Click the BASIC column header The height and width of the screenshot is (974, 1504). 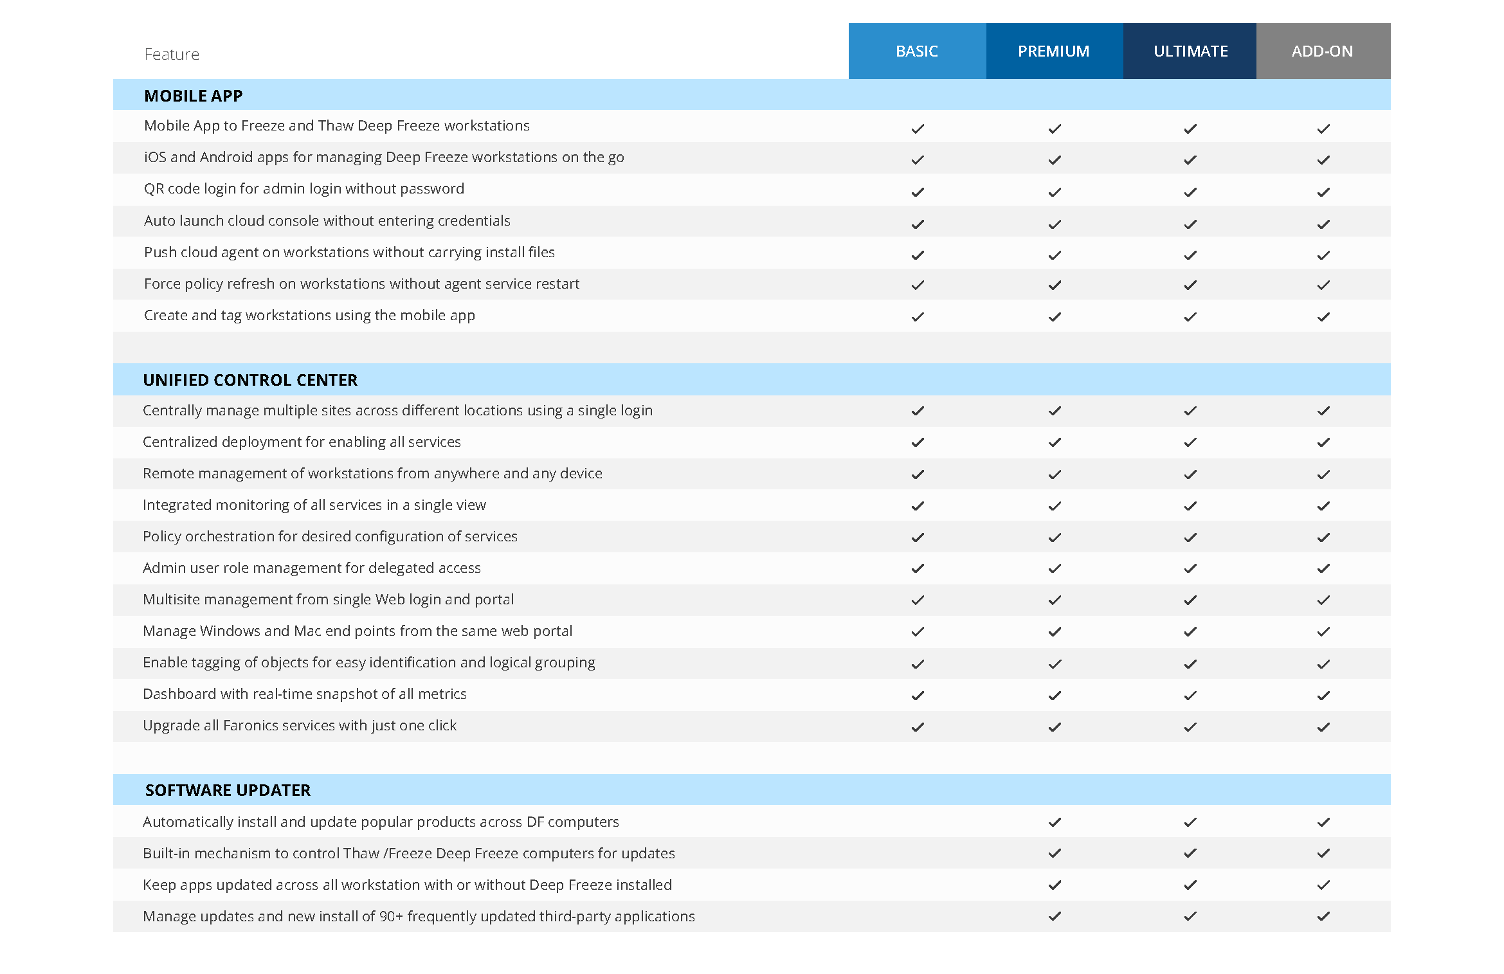(916, 51)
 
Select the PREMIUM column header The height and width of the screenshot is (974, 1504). (1053, 51)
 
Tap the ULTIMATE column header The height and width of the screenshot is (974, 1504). (1190, 51)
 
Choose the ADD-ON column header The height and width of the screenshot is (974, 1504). (1322, 51)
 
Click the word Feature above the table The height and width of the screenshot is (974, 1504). (172, 55)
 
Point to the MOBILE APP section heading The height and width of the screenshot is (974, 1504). (193, 96)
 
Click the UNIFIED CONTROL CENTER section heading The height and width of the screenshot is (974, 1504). (249, 380)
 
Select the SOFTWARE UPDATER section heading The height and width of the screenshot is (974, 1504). (228, 790)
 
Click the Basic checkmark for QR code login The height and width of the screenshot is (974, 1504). (918, 192)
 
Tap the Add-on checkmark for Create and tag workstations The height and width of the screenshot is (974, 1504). (1323, 316)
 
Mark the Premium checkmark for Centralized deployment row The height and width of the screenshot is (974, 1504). (1055, 442)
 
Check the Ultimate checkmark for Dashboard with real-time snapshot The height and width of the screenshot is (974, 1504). (1190, 695)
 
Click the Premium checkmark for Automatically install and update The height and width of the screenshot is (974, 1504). (1055, 822)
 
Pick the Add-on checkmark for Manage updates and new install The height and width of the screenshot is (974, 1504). (1323, 916)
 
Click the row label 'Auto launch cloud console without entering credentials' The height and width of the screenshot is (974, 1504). (327, 221)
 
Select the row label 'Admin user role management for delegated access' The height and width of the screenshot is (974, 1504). (311, 568)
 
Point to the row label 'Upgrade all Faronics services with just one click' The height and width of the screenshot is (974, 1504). (299, 726)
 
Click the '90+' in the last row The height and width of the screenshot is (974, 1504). (391, 917)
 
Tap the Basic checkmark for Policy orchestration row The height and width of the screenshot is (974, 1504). (918, 537)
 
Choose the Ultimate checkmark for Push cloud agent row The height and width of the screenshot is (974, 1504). (1190, 255)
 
